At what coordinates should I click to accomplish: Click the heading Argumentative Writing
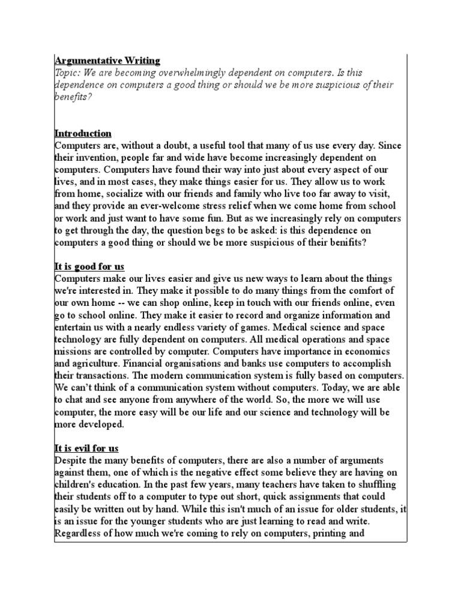click(x=107, y=60)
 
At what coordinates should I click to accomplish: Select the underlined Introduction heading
click(x=83, y=133)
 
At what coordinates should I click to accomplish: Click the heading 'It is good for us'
click(x=89, y=266)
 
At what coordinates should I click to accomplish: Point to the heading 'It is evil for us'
click(x=86, y=448)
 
